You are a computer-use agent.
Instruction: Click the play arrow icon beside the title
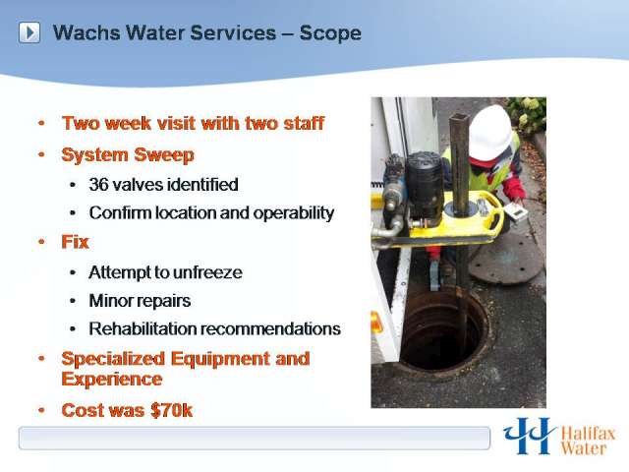click(30, 33)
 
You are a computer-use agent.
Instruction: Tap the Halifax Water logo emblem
click(529, 436)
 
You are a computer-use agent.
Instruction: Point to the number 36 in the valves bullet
click(98, 184)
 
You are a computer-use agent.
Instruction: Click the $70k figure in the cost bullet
click(170, 410)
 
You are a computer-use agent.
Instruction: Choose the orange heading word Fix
click(76, 241)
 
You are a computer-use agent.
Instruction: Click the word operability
click(292, 212)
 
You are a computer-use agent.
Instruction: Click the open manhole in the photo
click(442, 330)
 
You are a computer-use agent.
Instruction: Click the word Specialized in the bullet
click(117, 358)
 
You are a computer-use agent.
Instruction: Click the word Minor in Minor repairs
click(109, 300)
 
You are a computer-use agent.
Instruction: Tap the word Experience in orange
click(111, 379)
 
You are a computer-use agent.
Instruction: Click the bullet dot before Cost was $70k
click(41, 410)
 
